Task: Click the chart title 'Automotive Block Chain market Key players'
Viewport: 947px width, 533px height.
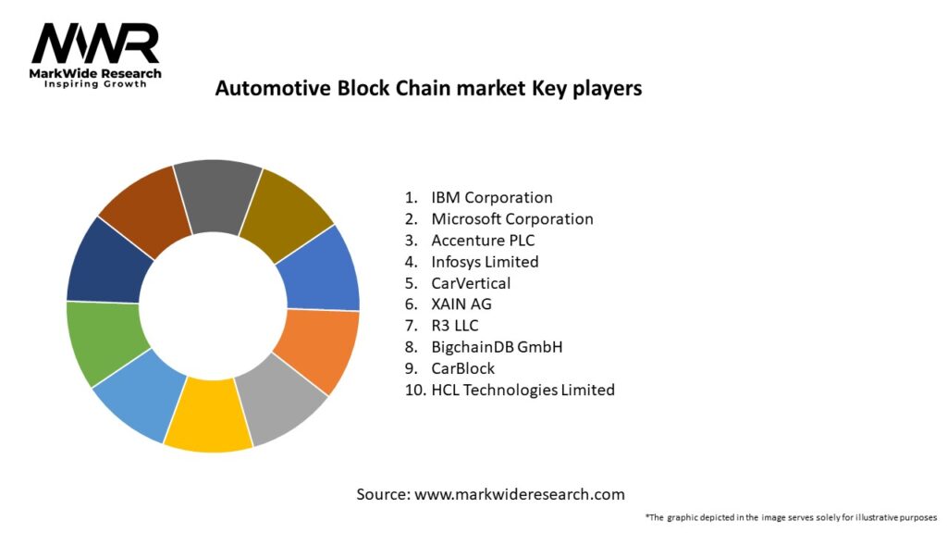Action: tap(428, 89)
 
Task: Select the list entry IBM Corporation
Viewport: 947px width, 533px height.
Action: tap(491, 197)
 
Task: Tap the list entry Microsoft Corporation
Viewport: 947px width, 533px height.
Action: tap(511, 219)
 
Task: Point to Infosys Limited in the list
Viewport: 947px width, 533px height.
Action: tap(485, 262)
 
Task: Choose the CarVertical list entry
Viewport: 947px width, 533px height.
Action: tap(471, 283)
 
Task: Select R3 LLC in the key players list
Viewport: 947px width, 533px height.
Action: tap(454, 326)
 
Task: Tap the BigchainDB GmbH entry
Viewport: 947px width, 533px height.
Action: tap(497, 347)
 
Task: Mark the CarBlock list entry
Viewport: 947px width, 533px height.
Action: tap(462, 368)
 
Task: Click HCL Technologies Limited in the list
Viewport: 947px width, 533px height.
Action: tap(523, 390)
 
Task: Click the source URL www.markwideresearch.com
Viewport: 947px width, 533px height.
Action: tap(519, 494)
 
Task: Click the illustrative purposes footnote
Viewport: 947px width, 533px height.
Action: tap(791, 517)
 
